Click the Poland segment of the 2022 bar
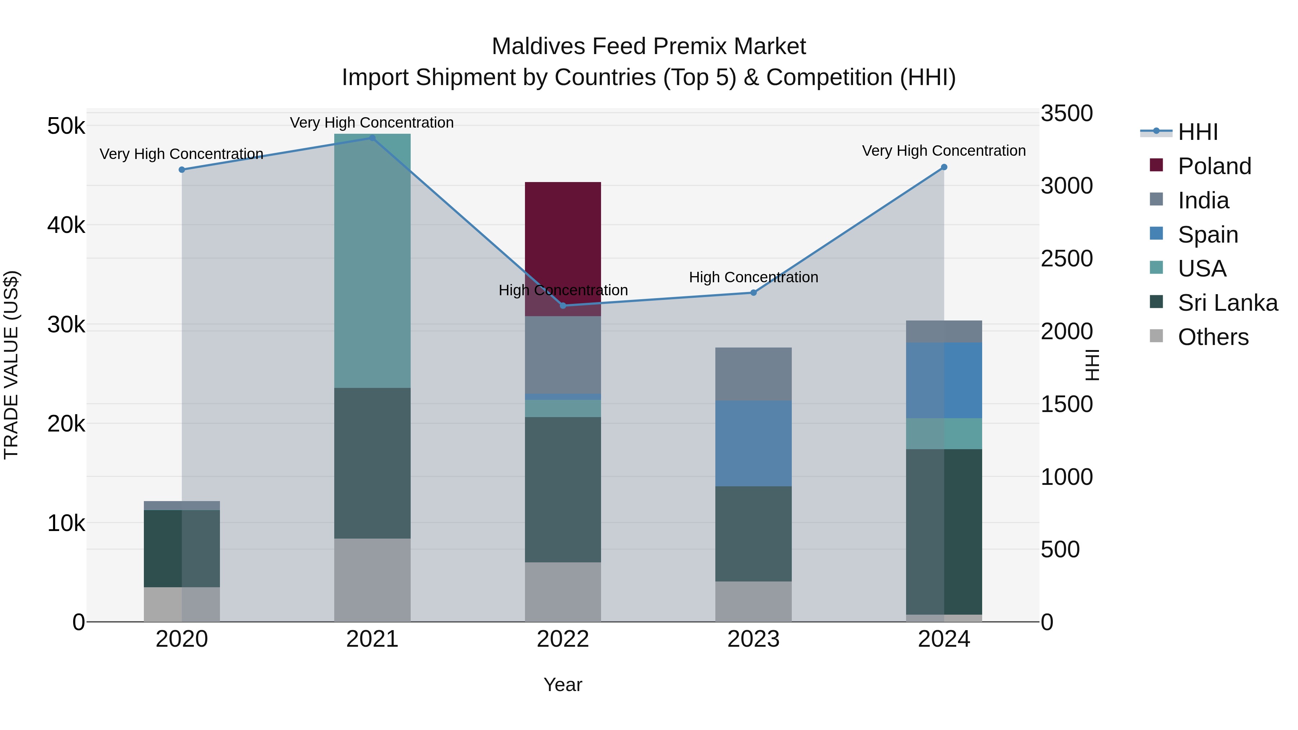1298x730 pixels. [x=563, y=237]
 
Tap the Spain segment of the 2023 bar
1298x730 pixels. [x=753, y=443]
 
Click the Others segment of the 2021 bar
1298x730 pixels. [x=372, y=579]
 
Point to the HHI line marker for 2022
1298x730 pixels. [x=563, y=306]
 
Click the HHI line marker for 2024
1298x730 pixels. [x=944, y=167]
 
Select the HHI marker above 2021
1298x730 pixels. [x=372, y=138]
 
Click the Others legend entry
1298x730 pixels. [x=1213, y=337]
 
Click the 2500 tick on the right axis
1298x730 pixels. [x=1067, y=258]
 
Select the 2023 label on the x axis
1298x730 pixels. [x=753, y=639]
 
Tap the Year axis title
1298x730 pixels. [x=563, y=685]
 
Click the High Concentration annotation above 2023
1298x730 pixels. [x=753, y=277]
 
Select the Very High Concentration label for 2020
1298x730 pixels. [x=181, y=154]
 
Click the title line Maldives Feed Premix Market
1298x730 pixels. [x=649, y=47]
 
